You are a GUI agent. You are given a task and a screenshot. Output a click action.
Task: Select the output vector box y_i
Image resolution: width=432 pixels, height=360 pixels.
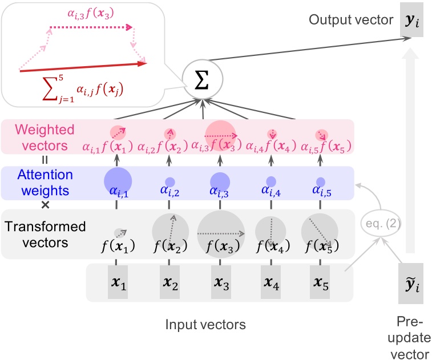pyautogui.click(x=411, y=22)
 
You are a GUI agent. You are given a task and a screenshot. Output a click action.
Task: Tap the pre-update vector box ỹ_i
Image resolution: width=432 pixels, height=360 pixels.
pyautogui.click(x=411, y=284)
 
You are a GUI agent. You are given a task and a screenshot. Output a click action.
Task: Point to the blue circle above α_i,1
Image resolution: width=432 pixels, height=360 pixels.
pyautogui.click(x=118, y=180)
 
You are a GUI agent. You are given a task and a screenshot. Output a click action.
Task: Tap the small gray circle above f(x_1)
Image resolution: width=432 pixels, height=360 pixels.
pyautogui.click(x=119, y=232)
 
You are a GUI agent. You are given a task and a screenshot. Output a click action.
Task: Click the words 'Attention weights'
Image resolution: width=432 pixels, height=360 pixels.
pyautogui.click(x=45, y=183)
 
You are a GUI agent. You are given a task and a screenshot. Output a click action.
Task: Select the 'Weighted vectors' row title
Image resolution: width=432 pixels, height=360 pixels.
pyautogui.click(x=45, y=136)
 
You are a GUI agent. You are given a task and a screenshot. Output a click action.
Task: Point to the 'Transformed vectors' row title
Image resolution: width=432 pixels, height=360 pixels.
pyautogui.click(x=45, y=234)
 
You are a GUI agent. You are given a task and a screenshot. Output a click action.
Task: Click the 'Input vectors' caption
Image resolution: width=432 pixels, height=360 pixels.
pyautogui.click(x=205, y=325)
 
